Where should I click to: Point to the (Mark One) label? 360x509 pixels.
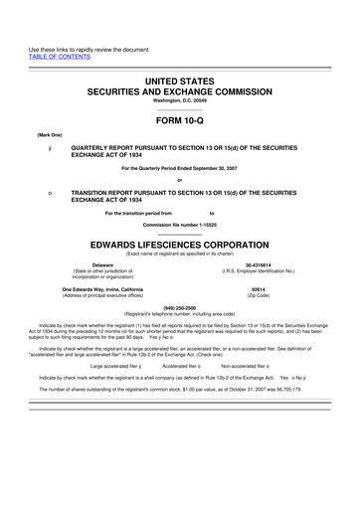pos(25,132)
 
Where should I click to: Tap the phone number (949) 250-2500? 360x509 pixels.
pos(181,308)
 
